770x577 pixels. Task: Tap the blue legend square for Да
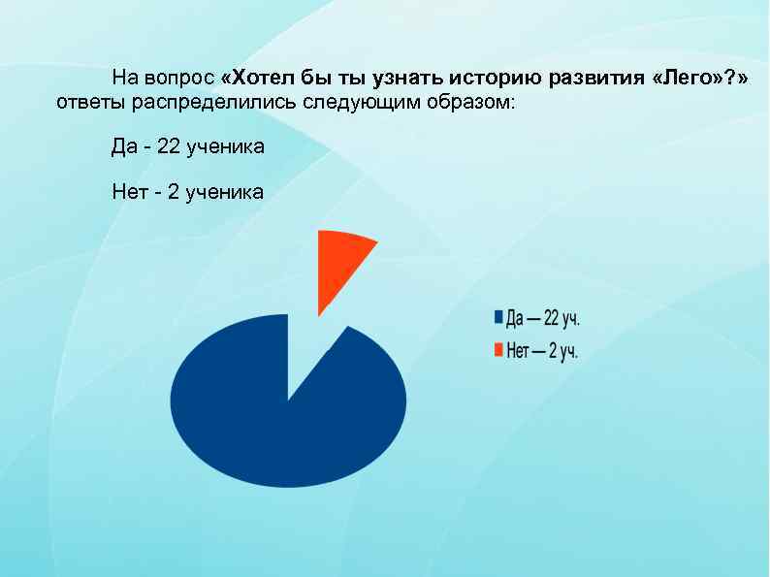click(498, 317)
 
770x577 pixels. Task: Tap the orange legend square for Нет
click(498, 350)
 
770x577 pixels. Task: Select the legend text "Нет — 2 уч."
click(542, 351)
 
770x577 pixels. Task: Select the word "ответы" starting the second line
click(84, 102)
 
